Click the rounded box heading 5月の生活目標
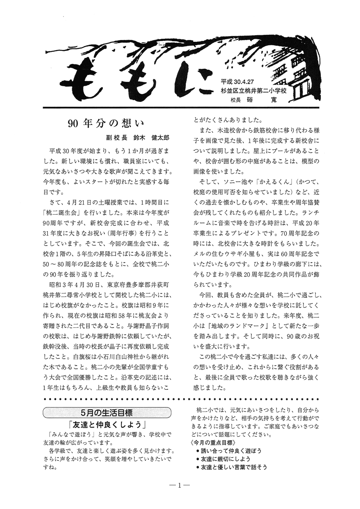click(107, 412)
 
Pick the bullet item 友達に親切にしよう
click(228, 459)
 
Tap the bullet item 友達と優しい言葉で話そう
click(234, 467)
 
